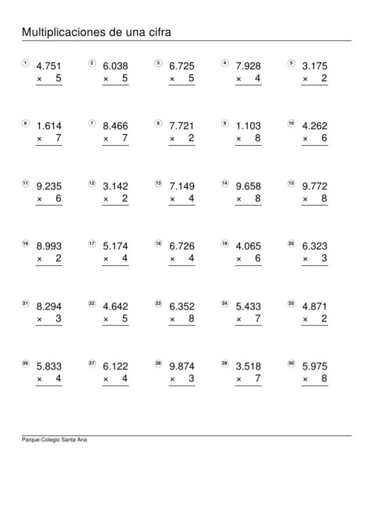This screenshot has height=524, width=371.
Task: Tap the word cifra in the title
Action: tap(156, 31)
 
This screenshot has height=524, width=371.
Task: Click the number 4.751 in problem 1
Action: tap(49, 66)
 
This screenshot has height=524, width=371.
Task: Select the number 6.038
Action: tap(115, 66)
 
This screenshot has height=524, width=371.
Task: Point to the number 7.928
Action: tap(248, 66)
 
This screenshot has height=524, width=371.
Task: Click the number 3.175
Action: tap(315, 66)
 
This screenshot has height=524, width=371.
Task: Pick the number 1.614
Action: tap(49, 125)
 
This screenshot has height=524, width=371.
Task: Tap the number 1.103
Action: tap(248, 125)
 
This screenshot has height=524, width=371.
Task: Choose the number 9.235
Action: tap(49, 186)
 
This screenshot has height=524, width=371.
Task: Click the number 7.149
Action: tap(182, 186)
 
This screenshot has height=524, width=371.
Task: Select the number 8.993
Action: tap(49, 246)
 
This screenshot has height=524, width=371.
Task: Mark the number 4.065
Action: tap(248, 246)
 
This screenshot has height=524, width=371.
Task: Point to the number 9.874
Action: tap(182, 367)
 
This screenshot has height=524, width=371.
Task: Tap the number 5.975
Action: tap(315, 367)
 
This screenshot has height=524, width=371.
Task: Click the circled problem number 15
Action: tap(291, 183)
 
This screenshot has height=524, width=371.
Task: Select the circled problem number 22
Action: tap(91, 303)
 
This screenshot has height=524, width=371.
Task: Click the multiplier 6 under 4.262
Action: tap(324, 139)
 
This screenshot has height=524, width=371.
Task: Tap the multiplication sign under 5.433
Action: tap(239, 320)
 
